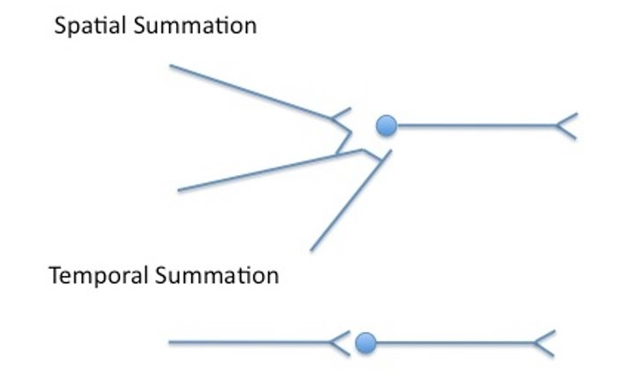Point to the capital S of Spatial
[x=60, y=26]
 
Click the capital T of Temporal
[x=54, y=277]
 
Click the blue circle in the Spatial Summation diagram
[x=386, y=126]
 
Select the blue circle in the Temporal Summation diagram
[x=366, y=343]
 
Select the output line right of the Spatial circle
[x=473, y=126]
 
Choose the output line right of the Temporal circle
[x=456, y=343]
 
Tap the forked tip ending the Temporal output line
[x=545, y=343]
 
